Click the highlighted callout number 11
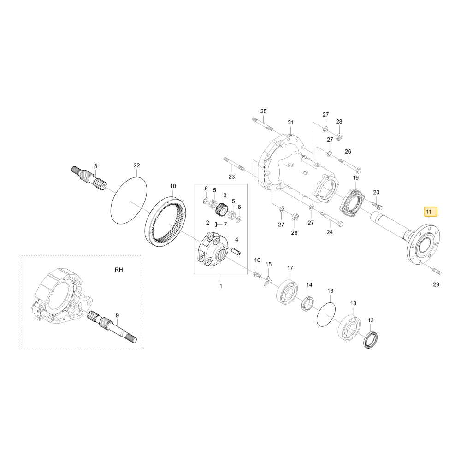(x=429, y=212)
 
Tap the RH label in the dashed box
(x=119, y=270)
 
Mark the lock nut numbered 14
(x=308, y=304)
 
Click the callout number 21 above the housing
(x=291, y=122)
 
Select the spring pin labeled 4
(x=236, y=252)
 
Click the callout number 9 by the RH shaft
(x=117, y=315)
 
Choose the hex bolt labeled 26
(x=350, y=166)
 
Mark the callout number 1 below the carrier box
(x=221, y=286)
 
